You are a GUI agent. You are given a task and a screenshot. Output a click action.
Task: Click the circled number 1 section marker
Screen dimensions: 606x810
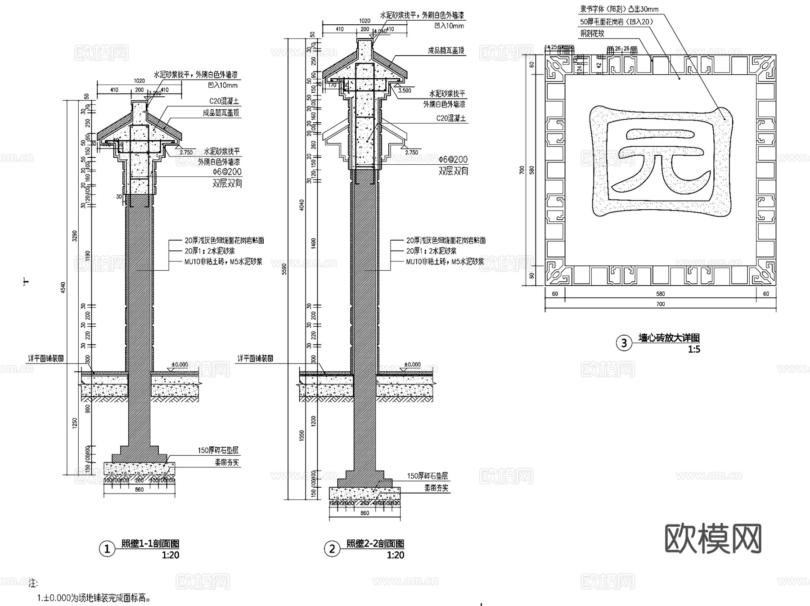107,549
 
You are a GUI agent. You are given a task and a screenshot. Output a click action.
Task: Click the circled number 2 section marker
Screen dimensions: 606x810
332,549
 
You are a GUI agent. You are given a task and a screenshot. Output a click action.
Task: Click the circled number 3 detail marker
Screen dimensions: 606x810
624,343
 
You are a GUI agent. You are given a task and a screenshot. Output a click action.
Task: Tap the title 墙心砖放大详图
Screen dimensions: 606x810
669,338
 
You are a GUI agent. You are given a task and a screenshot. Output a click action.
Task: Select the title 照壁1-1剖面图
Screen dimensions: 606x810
150,543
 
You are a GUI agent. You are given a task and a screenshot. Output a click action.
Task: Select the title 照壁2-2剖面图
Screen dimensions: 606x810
375,543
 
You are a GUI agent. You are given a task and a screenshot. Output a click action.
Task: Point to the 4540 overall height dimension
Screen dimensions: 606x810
63,288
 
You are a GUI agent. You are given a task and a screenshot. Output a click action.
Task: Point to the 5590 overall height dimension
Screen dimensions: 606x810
283,269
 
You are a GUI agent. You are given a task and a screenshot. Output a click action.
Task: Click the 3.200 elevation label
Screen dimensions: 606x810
154,93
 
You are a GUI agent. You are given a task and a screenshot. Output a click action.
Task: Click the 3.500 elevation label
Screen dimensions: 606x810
405,90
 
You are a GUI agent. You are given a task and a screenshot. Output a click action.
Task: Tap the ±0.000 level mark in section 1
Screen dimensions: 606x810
180,364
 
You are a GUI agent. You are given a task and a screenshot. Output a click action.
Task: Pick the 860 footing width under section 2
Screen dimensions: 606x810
364,513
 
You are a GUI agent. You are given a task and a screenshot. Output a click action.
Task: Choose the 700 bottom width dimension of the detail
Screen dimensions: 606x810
660,304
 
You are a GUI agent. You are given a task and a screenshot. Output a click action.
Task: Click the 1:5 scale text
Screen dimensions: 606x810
694,350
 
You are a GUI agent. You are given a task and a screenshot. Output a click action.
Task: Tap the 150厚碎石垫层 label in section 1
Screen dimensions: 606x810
218,450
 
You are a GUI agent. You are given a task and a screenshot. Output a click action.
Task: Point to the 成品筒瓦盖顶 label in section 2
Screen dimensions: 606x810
445,51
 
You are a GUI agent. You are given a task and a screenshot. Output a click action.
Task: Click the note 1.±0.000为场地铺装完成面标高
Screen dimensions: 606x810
94,598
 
